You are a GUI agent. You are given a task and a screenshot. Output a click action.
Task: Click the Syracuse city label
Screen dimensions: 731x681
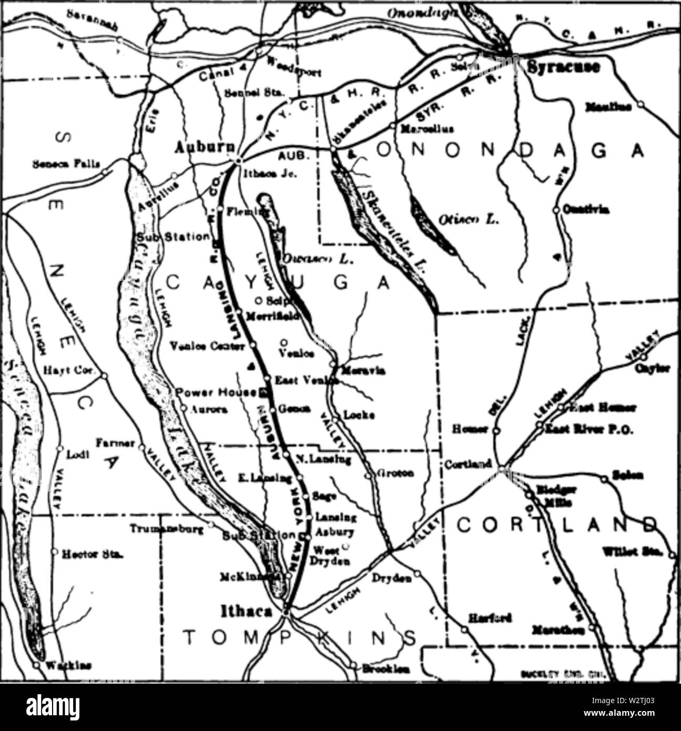pyautogui.click(x=563, y=67)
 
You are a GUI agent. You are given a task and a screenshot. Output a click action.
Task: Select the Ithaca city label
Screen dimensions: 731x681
pyautogui.click(x=247, y=611)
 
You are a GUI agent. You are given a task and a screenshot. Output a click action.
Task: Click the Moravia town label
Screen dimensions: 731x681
pyautogui.click(x=363, y=371)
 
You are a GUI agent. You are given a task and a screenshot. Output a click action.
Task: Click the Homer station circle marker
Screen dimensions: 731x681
pyautogui.click(x=496, y=430)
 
